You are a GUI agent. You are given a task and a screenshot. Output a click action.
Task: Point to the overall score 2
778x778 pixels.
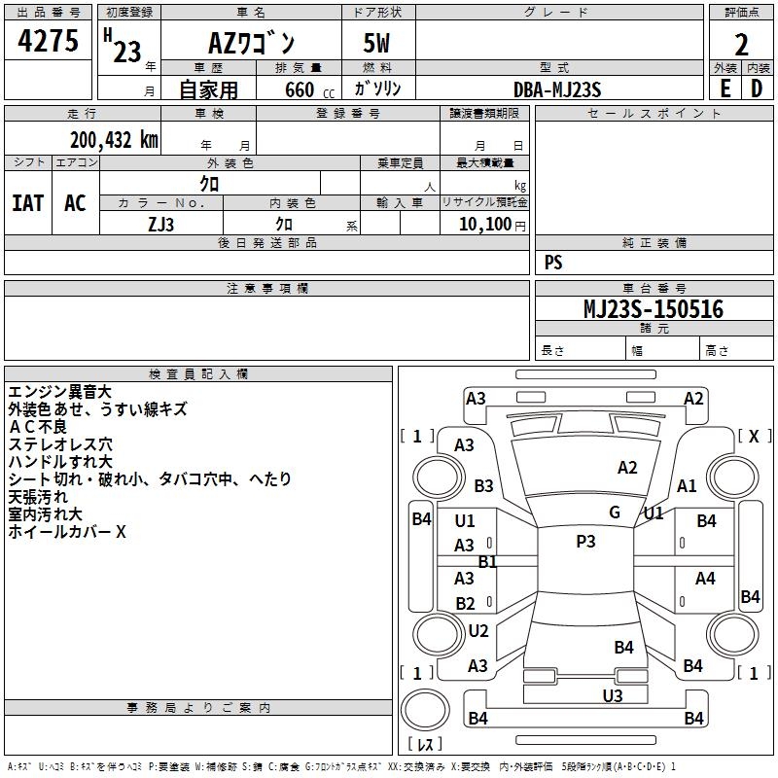741,45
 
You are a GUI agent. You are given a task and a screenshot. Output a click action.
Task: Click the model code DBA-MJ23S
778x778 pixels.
557,89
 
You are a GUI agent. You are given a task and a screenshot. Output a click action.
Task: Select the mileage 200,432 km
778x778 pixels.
113,139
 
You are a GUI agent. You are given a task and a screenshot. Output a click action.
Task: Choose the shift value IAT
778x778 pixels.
27,202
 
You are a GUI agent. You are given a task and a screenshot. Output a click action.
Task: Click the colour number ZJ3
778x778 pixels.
161,224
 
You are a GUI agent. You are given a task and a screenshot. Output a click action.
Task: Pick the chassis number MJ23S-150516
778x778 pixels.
653,309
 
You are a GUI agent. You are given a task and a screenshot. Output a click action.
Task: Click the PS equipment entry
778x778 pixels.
553,263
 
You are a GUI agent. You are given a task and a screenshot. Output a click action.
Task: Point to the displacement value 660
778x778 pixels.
299,89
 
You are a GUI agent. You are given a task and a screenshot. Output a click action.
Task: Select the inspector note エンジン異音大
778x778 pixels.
60,392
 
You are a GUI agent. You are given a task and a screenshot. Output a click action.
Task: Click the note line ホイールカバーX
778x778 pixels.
67,532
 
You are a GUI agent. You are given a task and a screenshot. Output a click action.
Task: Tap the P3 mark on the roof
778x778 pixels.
585,542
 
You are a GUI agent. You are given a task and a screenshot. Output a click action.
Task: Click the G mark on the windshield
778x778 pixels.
615,513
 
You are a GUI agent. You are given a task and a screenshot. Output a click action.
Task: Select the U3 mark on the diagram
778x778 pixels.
612,695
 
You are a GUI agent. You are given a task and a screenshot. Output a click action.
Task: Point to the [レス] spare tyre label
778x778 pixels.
424,745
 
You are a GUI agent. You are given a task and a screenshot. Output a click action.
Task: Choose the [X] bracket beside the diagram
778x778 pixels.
754,437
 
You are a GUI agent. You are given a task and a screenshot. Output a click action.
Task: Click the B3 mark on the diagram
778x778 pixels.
483,485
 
